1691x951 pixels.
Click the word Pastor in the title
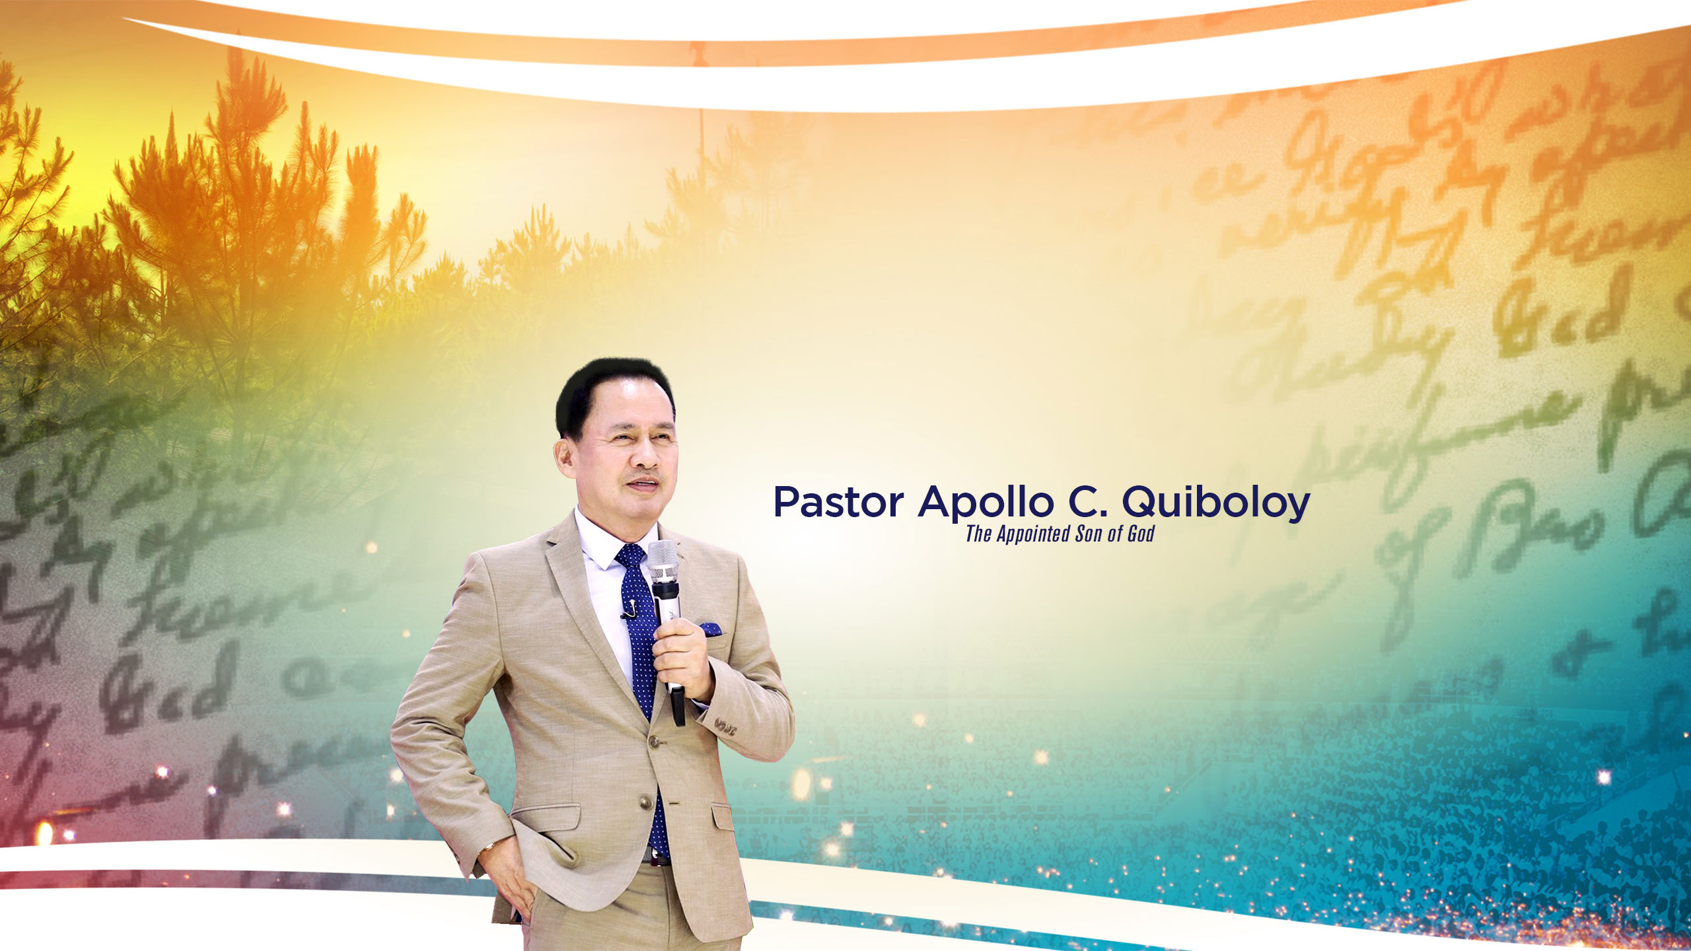(x=838, y=503)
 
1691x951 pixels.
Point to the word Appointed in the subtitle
(x=1034, y=534)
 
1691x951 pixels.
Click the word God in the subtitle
(x=1141, y=534)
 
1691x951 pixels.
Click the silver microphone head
(x=662, y=561)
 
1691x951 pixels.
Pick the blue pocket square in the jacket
(x=711, y=628)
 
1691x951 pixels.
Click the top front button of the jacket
(x=655, y=741)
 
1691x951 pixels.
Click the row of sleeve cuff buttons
(x=725, y=724)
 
